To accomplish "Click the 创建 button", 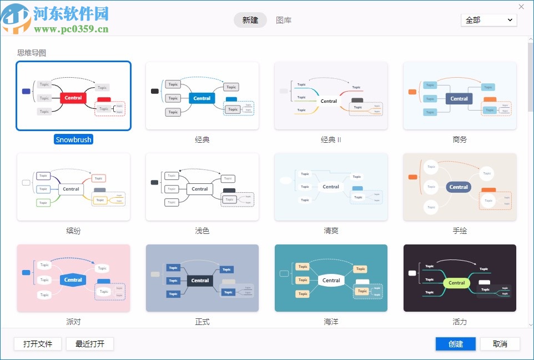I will pyautogui.click(x=456, y=344).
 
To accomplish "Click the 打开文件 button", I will pyautogui.click(x=38, y=344).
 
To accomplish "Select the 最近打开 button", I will pyautogui.click(x=89, y=344).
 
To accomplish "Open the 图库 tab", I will pyautogui.click(x=284, y=20).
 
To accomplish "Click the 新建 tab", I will pyautogui.click(x=250, y=20).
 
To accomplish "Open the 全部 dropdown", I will pyautogui.click(x=488, y=20).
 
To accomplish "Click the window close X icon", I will pyautogui.click(x=521, y=7).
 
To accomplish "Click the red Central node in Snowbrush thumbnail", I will pyautogui.click(x=73, y=98).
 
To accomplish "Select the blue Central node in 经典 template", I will pyautogui.click(x=202, y=98).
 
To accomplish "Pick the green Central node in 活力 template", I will pyautogui.click(x=457, y=283).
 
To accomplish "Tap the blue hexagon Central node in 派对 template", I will pyautogui.click(x=73, y=280).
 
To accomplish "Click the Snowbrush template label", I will pyautogui.click(x=73, y=140).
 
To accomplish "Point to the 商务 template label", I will pyautogui.click(x=460, y=140).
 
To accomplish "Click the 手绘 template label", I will pyautogui.click(x=460, y=231).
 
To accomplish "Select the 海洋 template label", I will pyautogui.click(x=331, y=322).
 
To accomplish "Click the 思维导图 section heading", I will pyautogui.click(x=32, y=53).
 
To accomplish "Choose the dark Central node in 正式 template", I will pyautogui.click(x=200, y=281).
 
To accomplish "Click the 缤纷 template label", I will pyautogui.click(x=73, y=231).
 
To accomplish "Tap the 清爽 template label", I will pyautogui.click(x=331, y=231).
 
